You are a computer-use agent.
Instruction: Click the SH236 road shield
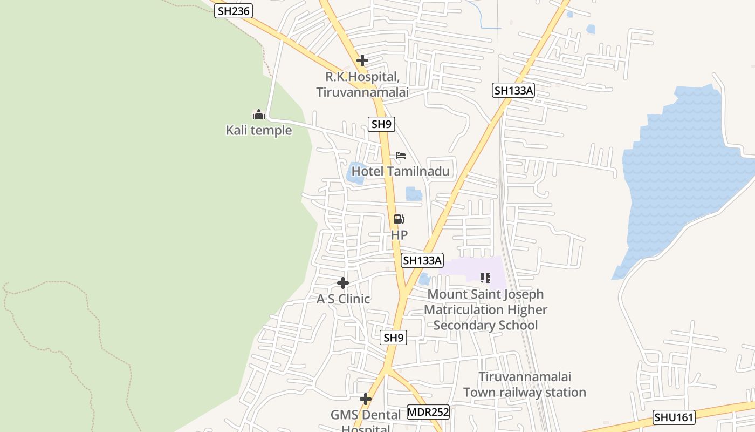coord(234,10)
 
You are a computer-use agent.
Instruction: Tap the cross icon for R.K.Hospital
coord(362,60)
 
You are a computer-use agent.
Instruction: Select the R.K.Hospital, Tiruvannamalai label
coord(362,85)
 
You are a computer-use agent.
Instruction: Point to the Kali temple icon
coord(259,114)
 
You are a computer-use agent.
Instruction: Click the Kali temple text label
coord(259,130)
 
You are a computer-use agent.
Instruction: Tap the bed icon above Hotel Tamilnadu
coord(401,156)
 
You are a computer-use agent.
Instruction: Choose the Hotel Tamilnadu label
coord(401,172)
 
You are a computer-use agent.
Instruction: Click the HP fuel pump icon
coord(399,219)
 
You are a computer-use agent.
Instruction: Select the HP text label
coord(399,235)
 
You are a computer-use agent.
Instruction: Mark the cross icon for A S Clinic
coord(343,283)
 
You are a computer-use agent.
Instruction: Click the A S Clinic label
coord(343,299)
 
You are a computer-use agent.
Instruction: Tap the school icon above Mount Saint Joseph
coord(485,278)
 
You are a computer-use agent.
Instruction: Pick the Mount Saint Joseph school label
coord(485,309)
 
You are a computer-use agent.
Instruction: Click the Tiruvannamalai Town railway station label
coord(524,384)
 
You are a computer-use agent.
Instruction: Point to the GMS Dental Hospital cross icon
coord(366,400)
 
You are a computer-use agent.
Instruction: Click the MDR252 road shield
coord(428,412)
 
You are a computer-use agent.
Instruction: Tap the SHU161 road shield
coord(674,417)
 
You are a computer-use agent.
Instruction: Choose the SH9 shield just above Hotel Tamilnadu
coord(382,124)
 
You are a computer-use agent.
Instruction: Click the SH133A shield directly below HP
coord(422,260)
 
